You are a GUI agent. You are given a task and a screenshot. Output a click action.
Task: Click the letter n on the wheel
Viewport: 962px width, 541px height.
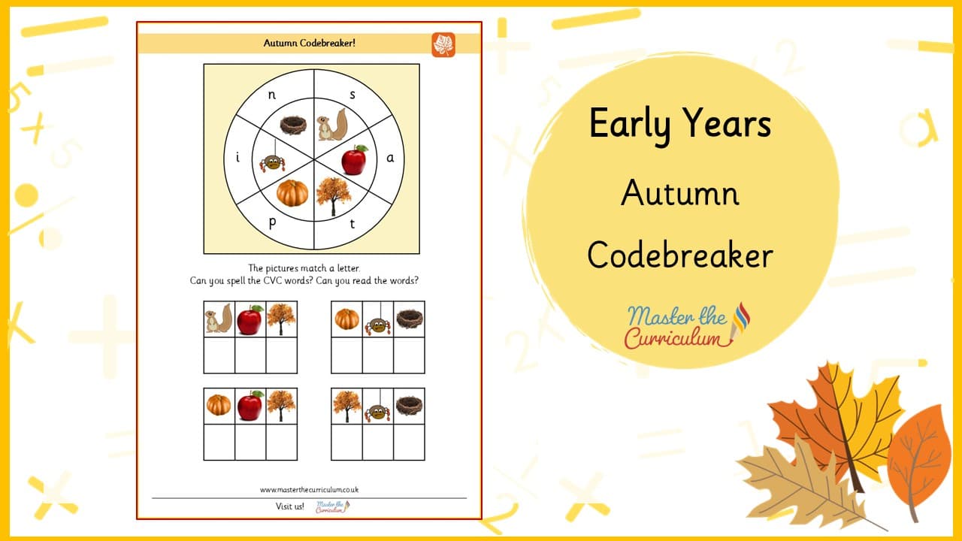[272, 95]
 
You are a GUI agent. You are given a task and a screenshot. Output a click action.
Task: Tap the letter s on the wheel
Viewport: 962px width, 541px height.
[352, 95]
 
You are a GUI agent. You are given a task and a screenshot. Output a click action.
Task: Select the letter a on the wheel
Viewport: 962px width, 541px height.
[390, 158]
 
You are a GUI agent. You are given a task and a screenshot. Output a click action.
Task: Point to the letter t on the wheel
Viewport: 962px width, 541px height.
[352, 223]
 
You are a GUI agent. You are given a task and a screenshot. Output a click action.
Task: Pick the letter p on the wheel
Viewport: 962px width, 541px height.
[272, 223]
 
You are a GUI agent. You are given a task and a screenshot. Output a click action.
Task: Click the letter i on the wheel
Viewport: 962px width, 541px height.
[238, 157]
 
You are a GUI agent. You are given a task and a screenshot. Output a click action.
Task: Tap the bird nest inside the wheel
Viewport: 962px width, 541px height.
[293, 125]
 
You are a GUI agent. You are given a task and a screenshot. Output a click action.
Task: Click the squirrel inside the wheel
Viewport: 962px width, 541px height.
[331, 125]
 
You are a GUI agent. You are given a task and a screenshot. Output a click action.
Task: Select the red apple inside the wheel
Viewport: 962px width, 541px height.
[354, 160]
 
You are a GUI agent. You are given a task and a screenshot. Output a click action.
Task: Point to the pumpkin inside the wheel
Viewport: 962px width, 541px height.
[292, 193]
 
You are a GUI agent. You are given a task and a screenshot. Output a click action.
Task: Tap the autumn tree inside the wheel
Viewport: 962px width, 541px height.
[333, 196]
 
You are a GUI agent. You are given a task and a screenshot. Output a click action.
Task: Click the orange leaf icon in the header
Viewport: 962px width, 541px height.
[443, 44]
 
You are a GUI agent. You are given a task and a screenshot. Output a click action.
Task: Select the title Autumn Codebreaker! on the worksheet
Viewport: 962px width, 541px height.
[309, 43]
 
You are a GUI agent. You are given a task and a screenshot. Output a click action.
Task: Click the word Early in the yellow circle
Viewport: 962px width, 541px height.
[630, 124]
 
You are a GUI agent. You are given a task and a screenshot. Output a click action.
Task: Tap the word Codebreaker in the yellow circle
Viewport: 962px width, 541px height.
[680, 255]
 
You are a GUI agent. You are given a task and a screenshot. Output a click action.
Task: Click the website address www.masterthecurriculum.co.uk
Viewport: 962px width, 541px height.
[309, 489]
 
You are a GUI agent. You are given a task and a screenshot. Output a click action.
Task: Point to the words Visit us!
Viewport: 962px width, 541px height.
[290, 506]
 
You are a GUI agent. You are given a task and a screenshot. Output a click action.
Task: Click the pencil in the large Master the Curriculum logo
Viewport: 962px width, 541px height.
[740, 322]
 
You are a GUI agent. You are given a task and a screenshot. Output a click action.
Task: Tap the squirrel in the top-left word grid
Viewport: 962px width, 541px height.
[219, 319]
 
